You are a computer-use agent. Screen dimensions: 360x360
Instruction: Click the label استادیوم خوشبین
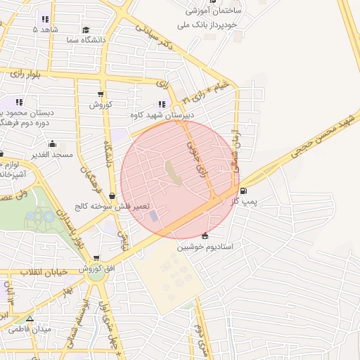[x=209, y=247]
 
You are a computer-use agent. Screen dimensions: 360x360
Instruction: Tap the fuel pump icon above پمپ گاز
[x=243, y=191]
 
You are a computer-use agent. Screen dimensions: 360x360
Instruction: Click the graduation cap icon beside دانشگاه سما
[x=86, y=30]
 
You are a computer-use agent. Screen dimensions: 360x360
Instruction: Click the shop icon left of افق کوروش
[x=96, y=259]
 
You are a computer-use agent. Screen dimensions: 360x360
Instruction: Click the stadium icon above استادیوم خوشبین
[x=205, y=236]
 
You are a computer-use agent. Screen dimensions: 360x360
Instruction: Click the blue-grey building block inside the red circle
[x=154, y=215]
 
